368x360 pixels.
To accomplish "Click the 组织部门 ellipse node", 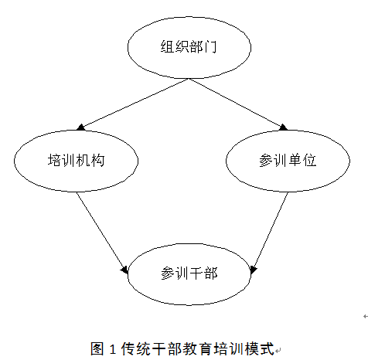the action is click(x=189, y=48).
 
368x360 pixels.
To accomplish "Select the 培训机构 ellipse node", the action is click(x=76, y=161).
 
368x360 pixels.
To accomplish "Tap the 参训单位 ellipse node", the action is click(x=288, y=161).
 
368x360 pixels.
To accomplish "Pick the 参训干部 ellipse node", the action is click(x=189, y=274).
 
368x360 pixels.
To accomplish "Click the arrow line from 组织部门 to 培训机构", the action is click(x=133, y=104).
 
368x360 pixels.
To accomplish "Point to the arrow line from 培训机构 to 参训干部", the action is click(x=102, y=233).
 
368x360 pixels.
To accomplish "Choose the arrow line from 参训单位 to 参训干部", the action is click(x=270, y=233).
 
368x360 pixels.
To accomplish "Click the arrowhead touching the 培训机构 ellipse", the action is click(x=80, y=127).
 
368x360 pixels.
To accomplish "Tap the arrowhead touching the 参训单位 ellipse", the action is click(x=284, y=127).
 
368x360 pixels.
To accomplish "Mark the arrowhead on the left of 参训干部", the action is click(x=124, y=270).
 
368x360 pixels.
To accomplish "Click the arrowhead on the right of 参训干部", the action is click(x=254, y=270).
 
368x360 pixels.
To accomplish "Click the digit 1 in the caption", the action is click(x=112, y=349).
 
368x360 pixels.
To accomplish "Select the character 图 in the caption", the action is click(x=97, y=349).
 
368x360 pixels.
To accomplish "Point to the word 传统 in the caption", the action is click(x=136, y=349).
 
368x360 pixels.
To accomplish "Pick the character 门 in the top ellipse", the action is click(x=210, y=47).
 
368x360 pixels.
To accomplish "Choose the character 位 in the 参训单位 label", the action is click(x=309, y=160).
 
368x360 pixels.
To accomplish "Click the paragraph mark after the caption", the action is click(x=278, y=351).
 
